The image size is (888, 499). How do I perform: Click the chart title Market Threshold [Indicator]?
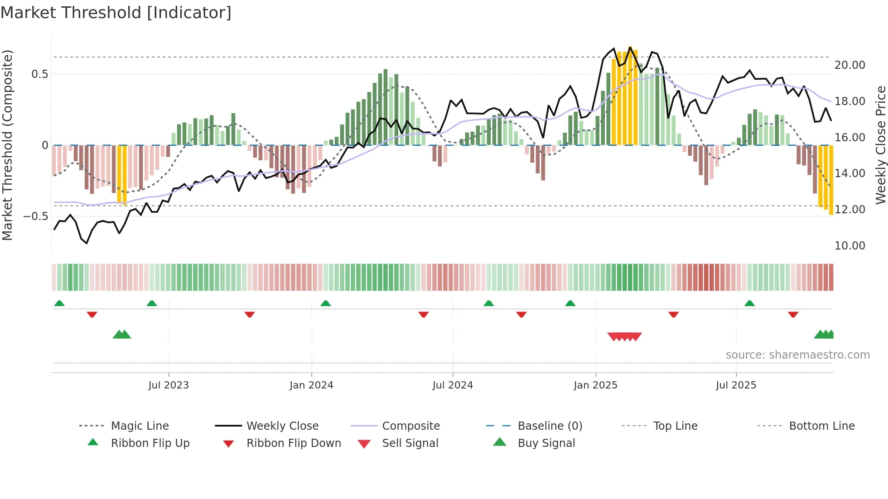click(116, 13)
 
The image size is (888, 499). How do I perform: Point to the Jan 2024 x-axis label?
click(311, 385)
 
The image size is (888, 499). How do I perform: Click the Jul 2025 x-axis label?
click(736, 385)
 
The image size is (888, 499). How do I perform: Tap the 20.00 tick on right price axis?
click(849, 65)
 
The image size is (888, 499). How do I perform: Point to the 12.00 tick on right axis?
click(849, 210)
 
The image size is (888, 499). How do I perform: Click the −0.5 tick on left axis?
click(36, 216)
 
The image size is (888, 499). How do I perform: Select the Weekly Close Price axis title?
click(880, 145)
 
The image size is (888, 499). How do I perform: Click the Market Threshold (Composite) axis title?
click(7, 145)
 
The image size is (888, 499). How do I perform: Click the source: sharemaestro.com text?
click(797, 355)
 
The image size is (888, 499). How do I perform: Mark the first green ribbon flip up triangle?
click(59, 303)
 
